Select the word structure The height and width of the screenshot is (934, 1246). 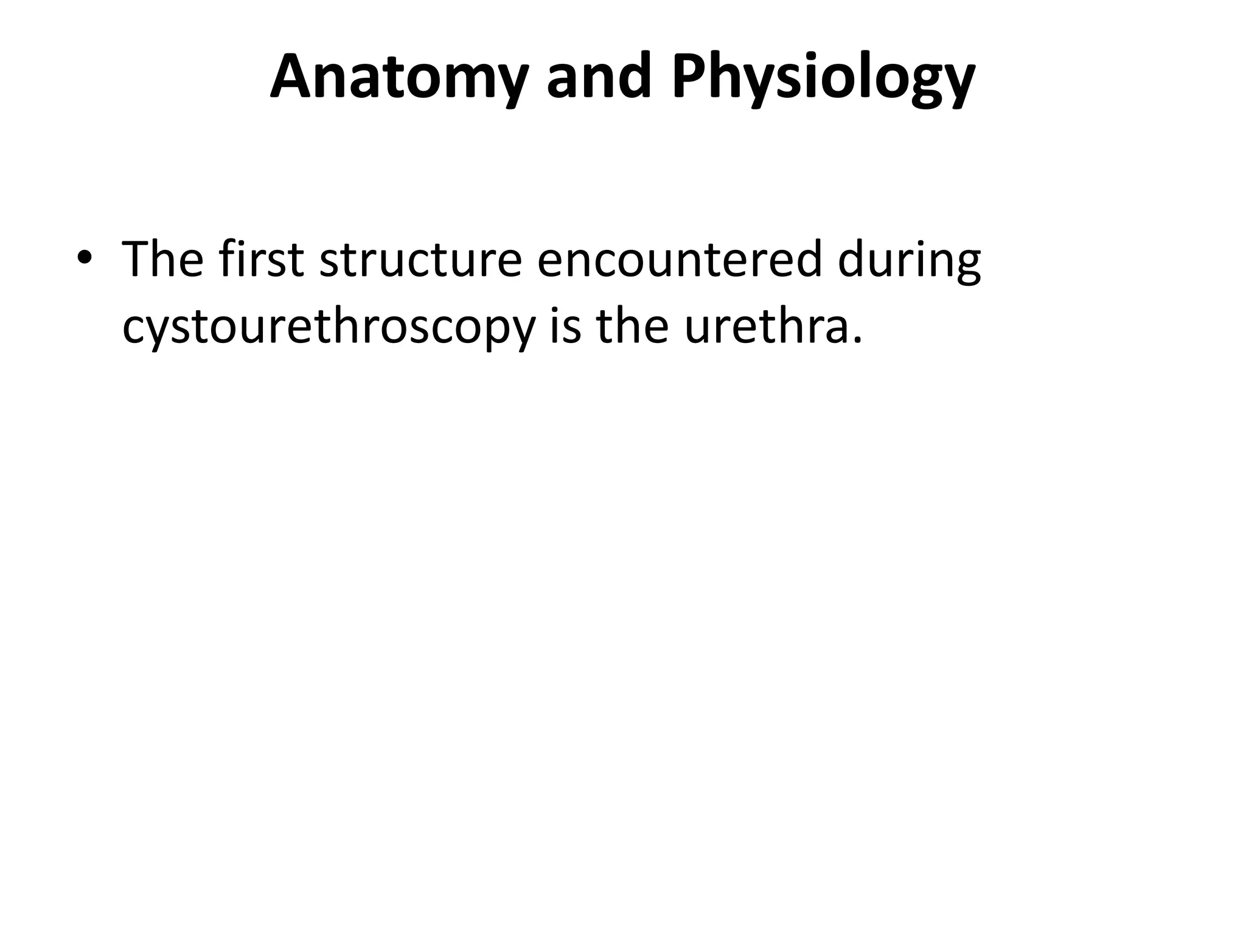[420, 260]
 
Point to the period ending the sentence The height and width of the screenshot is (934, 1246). [858, 341]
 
